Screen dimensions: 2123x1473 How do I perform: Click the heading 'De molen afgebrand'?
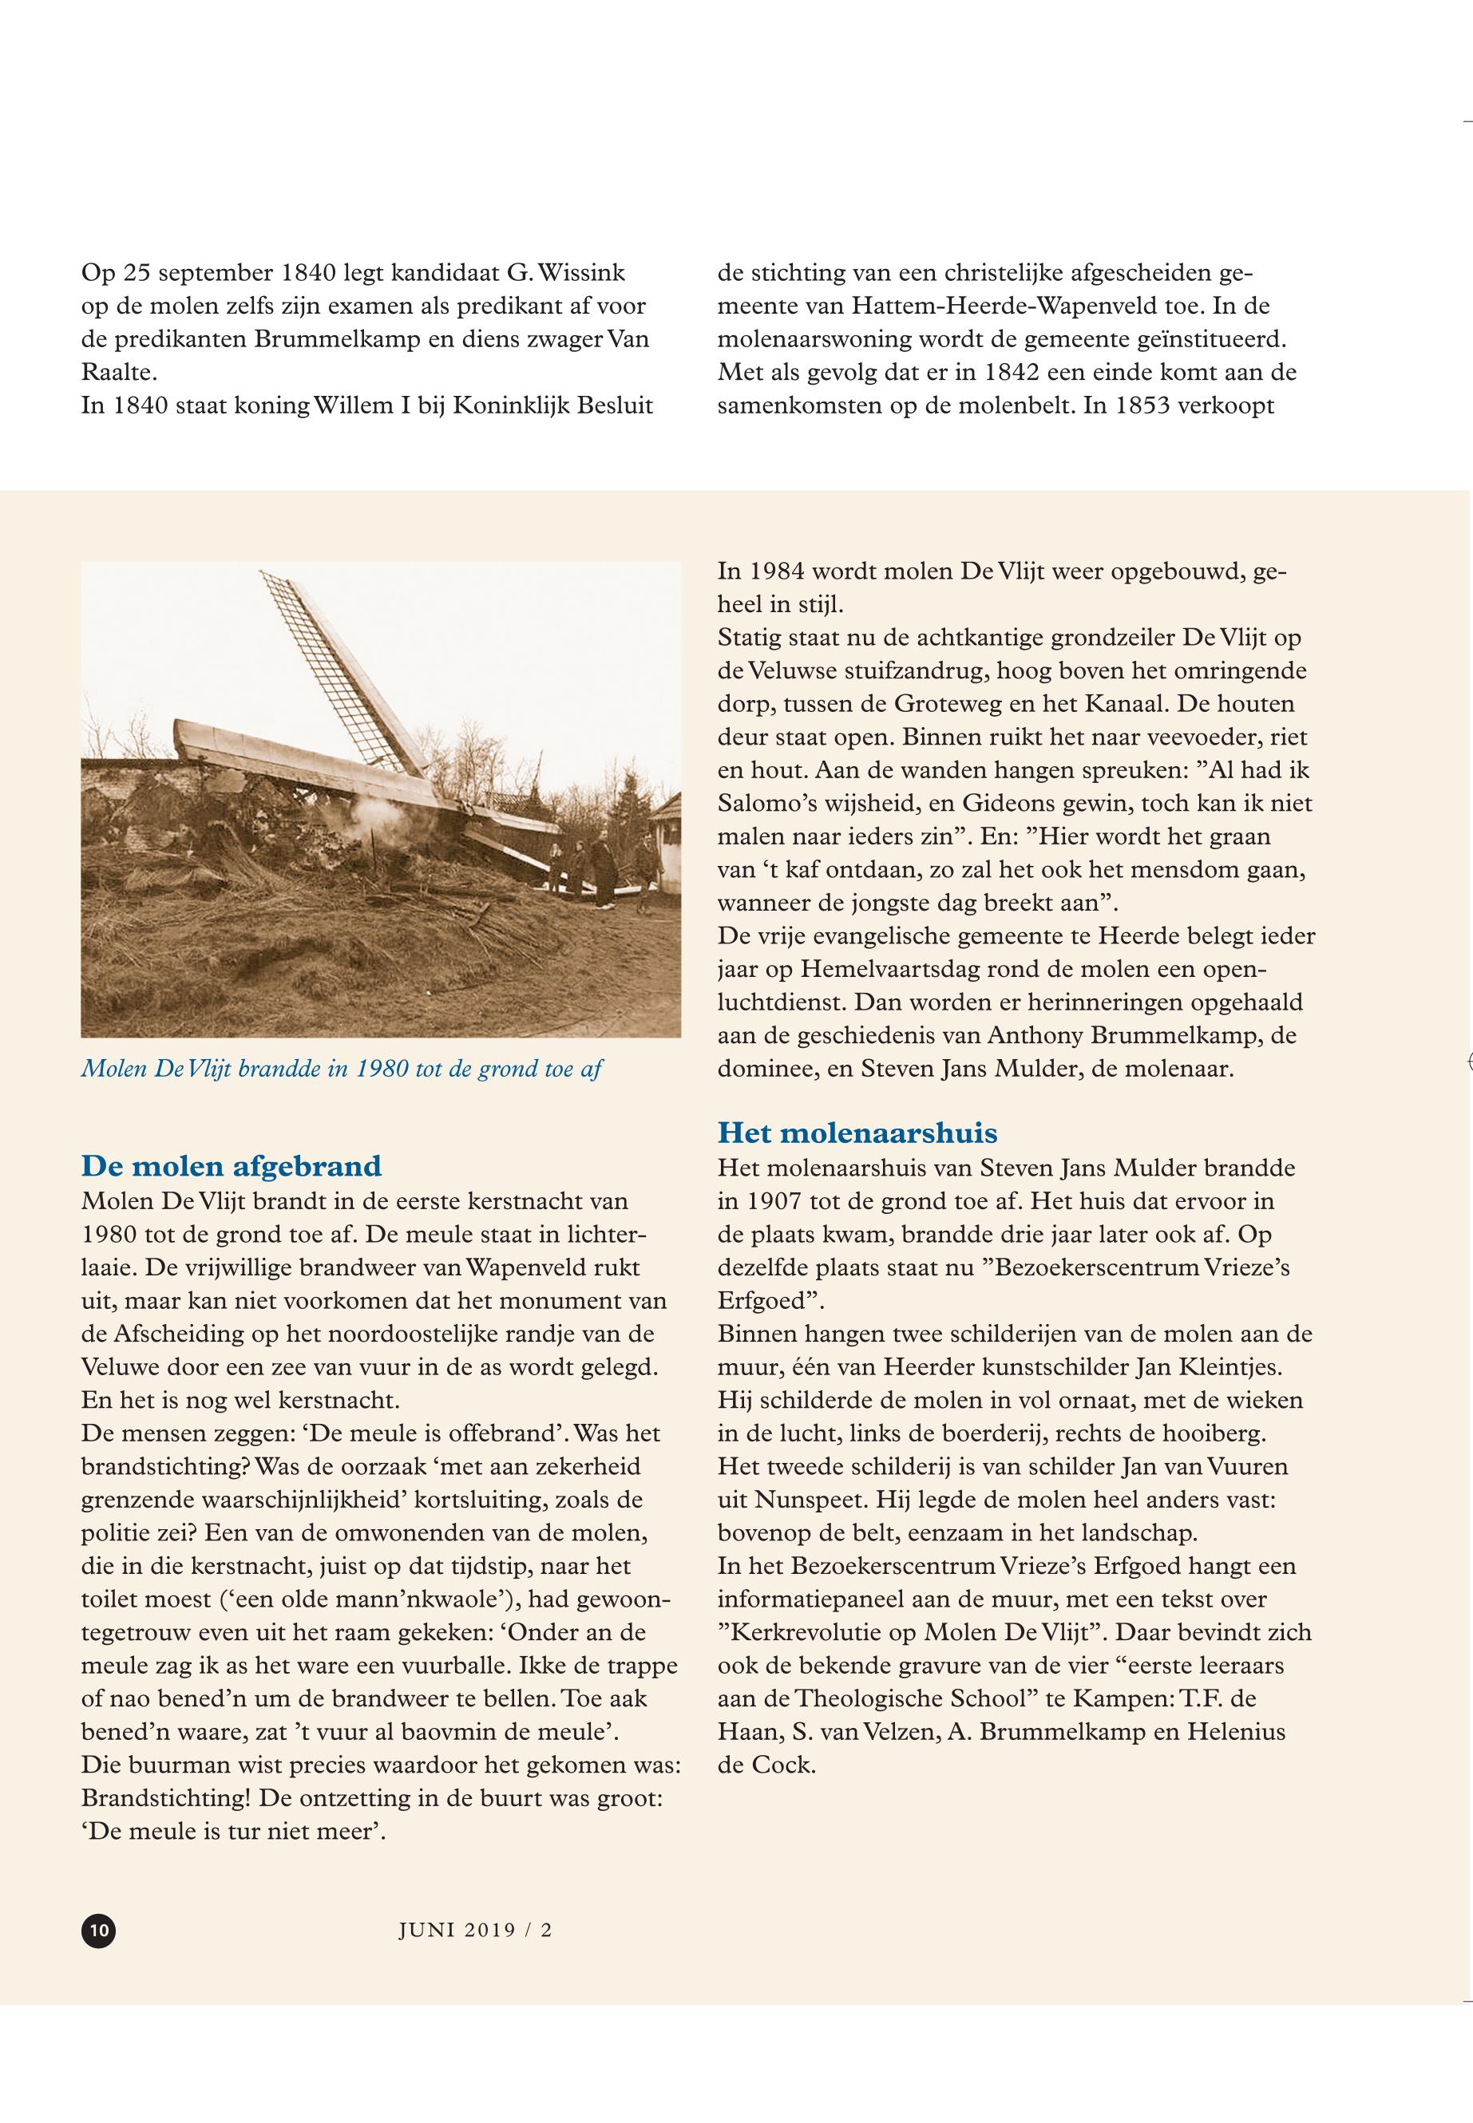coord(231,1166)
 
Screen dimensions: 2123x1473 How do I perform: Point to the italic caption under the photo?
coord(342,1069)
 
